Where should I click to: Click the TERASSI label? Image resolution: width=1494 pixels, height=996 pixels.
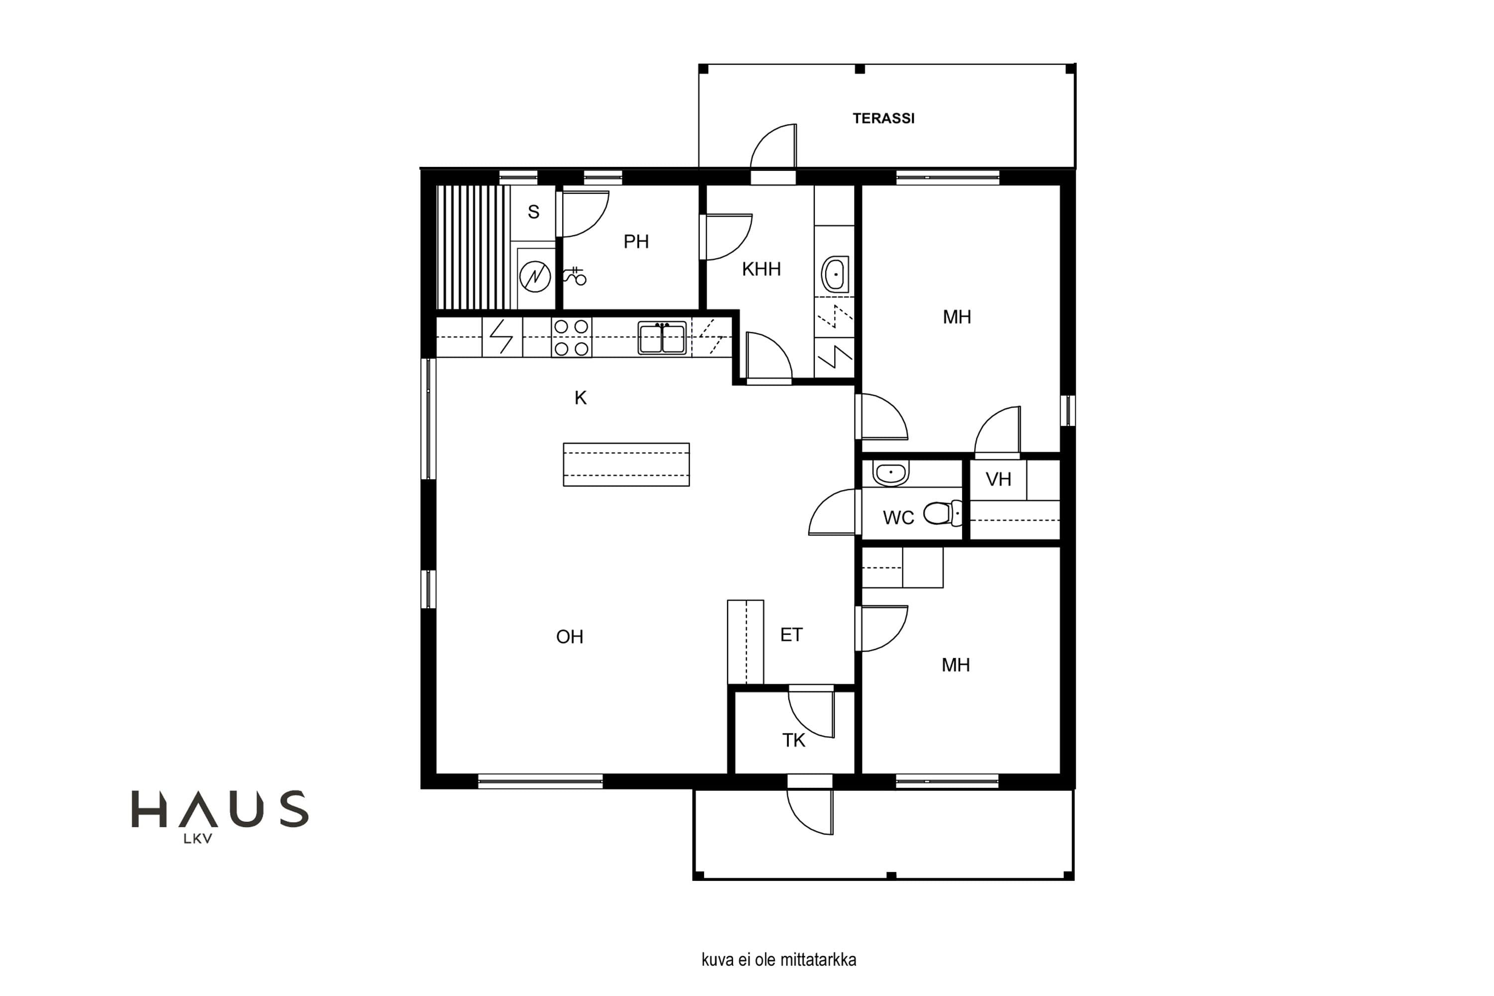click(x=883, y=118)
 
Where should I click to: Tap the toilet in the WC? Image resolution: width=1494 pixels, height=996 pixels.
click(x=943, y=513)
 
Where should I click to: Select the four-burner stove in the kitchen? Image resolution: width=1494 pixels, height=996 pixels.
click(x=571, y=337)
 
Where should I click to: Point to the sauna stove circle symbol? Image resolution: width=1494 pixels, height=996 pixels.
click(x=535, y=277)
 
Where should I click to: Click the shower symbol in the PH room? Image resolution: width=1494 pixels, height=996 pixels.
click(x=574, y=276)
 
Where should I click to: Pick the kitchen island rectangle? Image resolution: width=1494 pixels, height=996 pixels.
click(x=626, y=464)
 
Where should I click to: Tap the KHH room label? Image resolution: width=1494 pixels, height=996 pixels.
click(x=761, y=269)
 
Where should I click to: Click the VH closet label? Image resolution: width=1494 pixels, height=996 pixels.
click(x=998, y=480)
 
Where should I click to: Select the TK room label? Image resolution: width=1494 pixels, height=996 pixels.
click(x=793, y=740)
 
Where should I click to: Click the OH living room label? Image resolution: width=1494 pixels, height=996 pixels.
click(x=569, y=636)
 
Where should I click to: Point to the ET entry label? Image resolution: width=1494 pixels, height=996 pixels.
click(x=791, y=634)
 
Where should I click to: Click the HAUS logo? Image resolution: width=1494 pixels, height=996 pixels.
click(x=220, y=816)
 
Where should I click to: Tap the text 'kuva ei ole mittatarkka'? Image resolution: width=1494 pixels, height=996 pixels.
click(x=779, y=959)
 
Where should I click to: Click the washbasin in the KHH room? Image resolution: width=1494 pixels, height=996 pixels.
click(x=835, y=274)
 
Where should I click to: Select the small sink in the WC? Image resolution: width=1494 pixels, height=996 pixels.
click(x=890, y=473)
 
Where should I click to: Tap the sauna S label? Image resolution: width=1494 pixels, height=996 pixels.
click(x=533, y=212)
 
